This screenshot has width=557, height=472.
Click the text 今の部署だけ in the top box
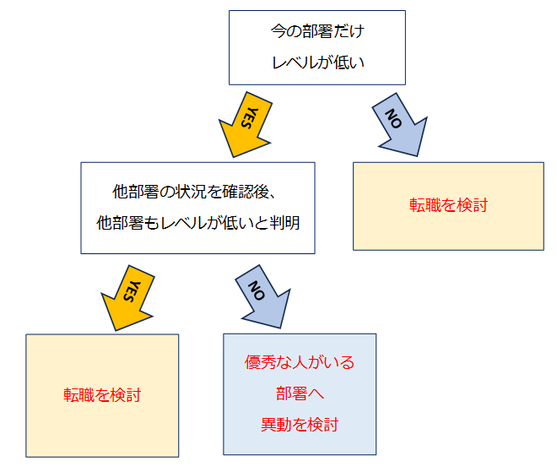tap(316, 31)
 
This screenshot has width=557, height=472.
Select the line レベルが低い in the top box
tap(316, 62)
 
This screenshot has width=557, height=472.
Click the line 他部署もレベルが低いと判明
tap(198, 224)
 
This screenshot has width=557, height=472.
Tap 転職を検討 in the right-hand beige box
tap(448, 205)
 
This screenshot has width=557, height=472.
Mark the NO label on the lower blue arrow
tap(257, 289)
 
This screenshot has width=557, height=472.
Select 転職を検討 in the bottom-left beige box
tap(102, 395)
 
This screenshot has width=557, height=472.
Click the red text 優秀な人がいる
tap(300, 363)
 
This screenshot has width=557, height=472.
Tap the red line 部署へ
tap(300, 393)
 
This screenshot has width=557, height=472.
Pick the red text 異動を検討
tap(300, 424)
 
